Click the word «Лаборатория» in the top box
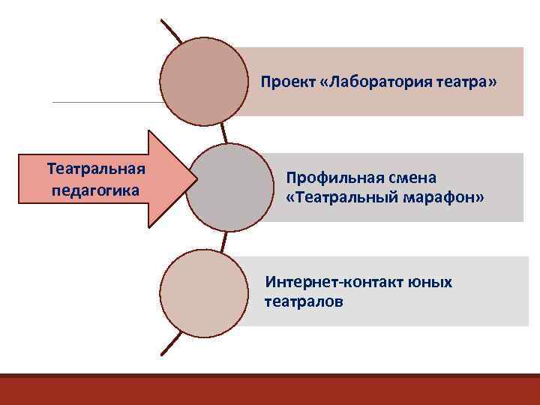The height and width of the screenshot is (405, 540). click(379, 80)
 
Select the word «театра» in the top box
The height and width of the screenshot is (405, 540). click(465, 80)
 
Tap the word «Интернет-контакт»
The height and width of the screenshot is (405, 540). click(334, 283)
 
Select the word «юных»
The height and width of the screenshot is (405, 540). click(430, 283)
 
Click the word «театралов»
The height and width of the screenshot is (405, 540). click(303, 301)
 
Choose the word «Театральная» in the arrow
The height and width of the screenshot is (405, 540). click(95, 165)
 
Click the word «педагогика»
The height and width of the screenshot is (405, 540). click(95, 189)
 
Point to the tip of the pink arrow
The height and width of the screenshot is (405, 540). click(196, 178)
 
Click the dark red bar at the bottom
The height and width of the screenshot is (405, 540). click(270, 389)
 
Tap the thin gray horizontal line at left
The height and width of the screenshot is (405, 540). click(105, 102)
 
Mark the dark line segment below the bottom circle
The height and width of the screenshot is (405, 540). click(171, 344)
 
